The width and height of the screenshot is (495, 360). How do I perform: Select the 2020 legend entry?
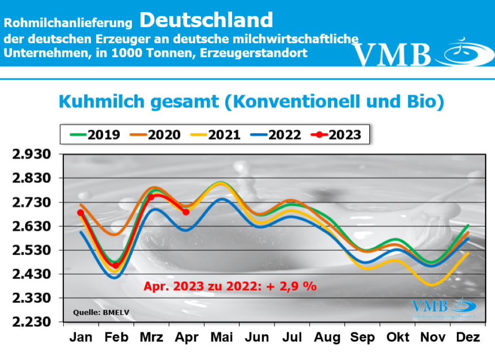[153, 135]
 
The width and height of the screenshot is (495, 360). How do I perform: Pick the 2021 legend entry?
[213, 135]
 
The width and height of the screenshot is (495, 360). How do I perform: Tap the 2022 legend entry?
[273, 135]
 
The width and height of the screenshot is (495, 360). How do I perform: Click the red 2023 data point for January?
[80, 212]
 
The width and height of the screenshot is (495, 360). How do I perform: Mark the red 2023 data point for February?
[116, 265]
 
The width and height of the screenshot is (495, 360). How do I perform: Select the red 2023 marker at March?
[150, 197]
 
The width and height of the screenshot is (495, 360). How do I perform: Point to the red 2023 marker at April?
[186, 212]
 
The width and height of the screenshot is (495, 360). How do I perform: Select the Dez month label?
[467, 338]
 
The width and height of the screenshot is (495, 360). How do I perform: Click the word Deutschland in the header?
[206, 20]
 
